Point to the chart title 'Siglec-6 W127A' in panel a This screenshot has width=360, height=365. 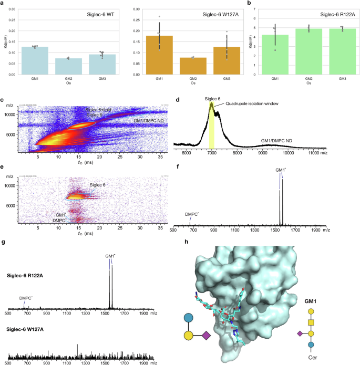[x=214, y=12]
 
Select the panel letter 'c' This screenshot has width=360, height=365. [x=3, y=100]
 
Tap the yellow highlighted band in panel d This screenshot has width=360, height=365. [x=212, y=126]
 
